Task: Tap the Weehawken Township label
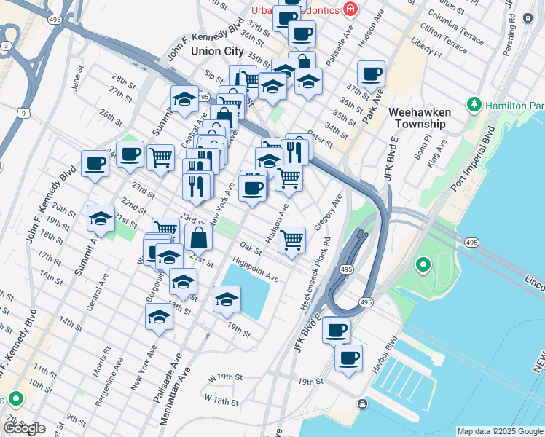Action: coord(419,118)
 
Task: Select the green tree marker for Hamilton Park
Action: coord(474,106)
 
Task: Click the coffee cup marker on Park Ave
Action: coord(371,74)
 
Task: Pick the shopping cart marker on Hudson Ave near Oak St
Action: coord(292,239)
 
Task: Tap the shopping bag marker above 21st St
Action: coord(199,237)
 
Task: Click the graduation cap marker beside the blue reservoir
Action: coord(227,299)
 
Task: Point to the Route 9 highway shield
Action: coord(24,113)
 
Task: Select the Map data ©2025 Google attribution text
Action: coord(500,431)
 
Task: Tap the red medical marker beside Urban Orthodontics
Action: coord(351,9)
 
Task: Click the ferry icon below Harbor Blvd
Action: coord(362,404)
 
